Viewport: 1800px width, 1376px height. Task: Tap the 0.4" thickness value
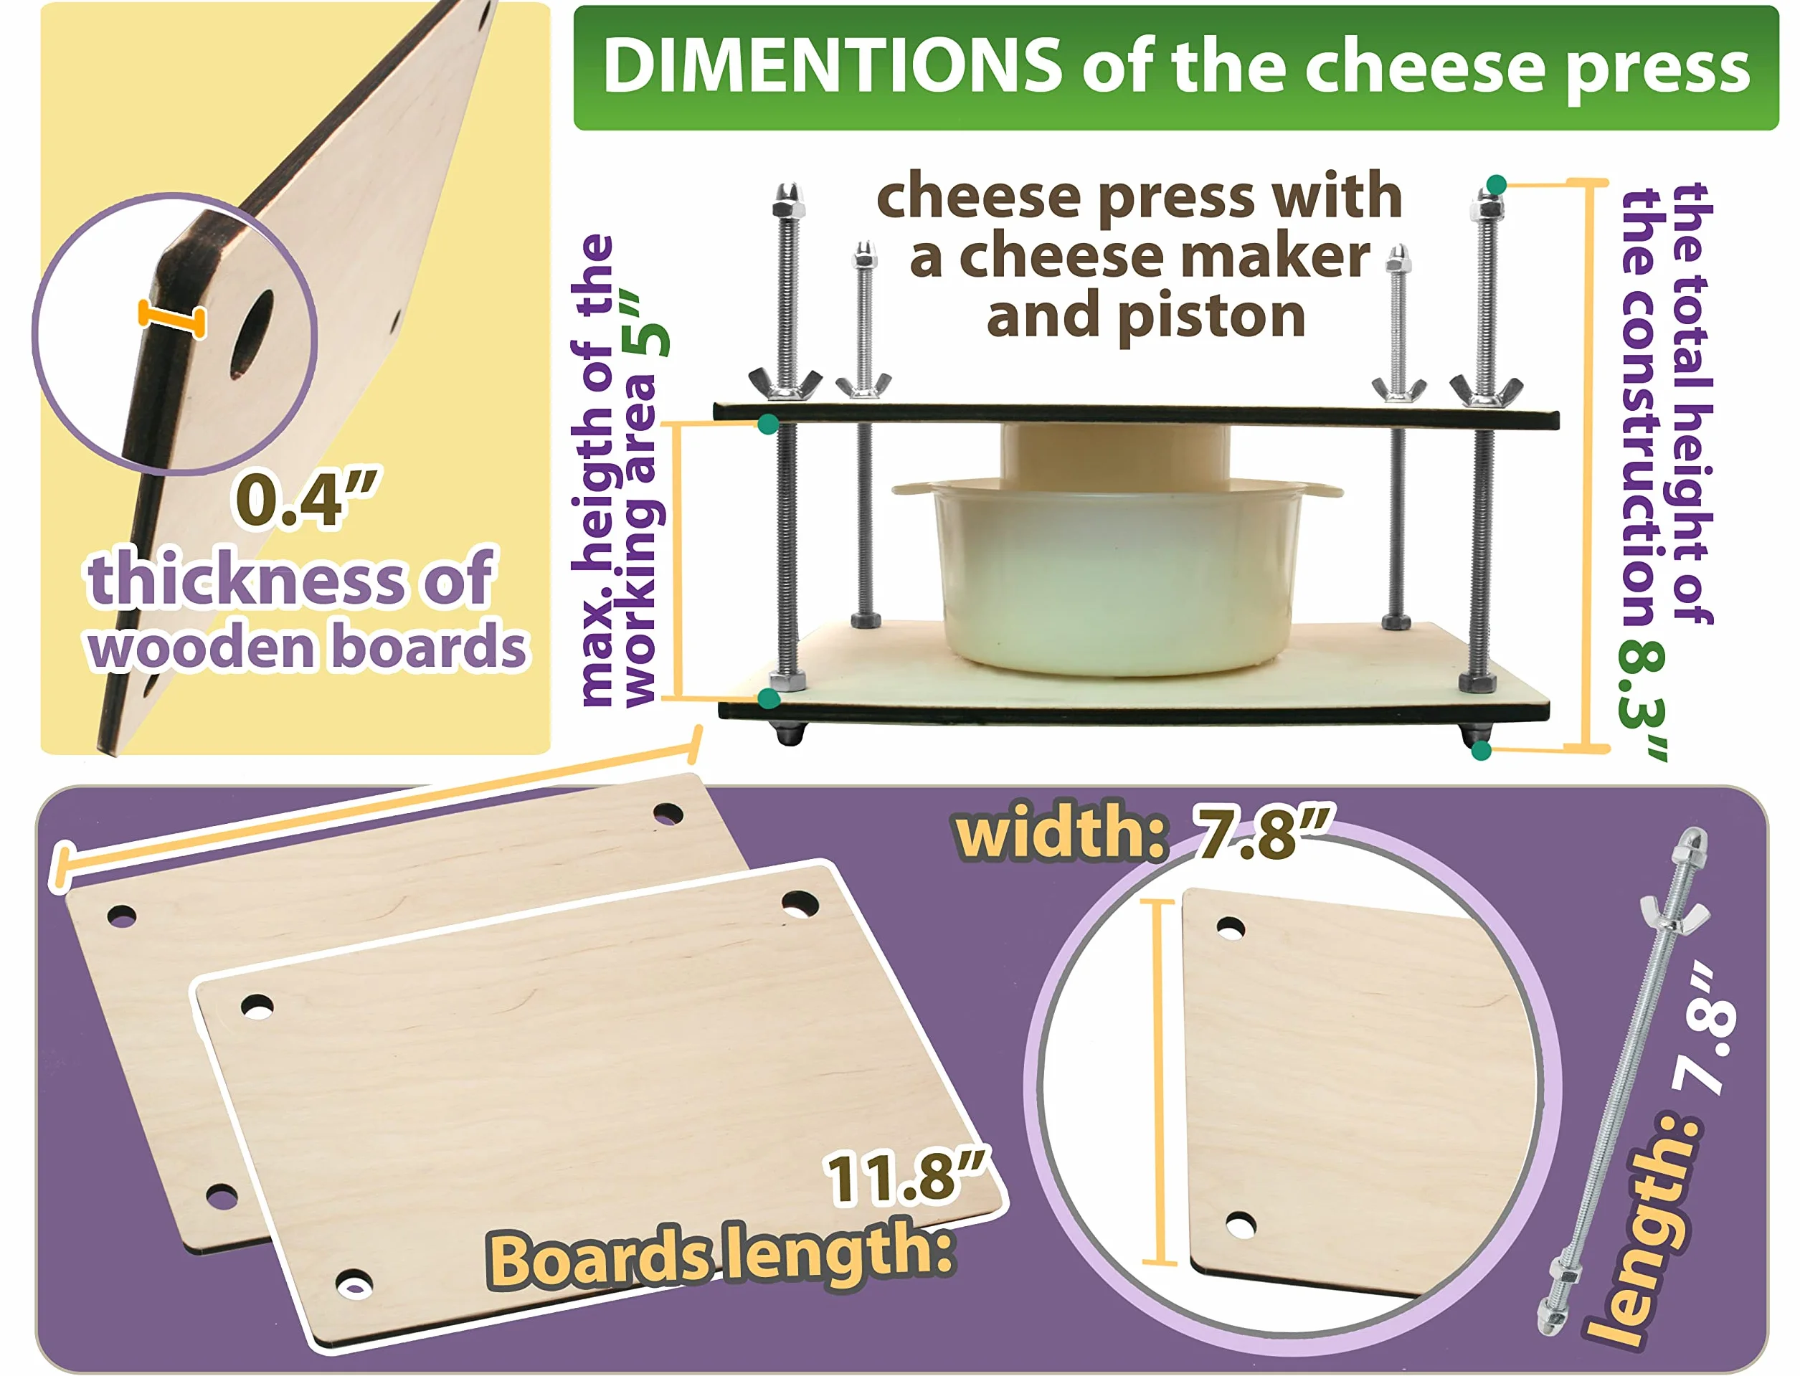[x=306, y=499]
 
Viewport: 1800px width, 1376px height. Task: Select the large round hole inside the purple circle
[x=252, y=334]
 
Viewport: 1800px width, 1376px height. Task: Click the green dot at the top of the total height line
[x=1495, y=184]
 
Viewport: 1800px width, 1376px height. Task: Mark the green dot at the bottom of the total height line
[x=1481, y=750]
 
